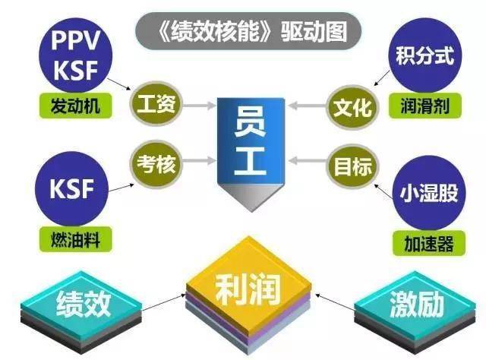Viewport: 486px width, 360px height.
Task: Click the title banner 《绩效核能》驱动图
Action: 248,31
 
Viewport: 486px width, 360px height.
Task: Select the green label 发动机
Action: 75,106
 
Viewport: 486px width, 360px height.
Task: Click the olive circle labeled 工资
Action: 156,103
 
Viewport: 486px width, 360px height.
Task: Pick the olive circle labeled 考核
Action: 156,163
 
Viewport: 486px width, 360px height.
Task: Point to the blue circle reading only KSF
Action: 71,188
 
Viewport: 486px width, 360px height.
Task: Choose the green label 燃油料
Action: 75,240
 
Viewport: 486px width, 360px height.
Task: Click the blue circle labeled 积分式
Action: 425,56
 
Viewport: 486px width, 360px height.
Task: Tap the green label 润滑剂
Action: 425,106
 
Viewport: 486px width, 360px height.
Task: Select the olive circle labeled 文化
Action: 352,107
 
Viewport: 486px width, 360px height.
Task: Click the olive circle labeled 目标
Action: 352,166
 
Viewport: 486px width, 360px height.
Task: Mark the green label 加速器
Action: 429,243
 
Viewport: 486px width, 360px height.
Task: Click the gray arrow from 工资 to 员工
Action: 200,106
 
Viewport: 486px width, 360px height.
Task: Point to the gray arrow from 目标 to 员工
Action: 307,160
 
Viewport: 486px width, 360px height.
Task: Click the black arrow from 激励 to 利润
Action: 335,302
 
